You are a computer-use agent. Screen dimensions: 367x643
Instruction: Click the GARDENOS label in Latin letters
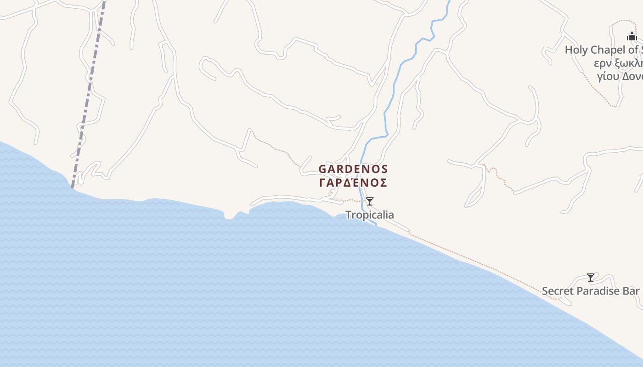[353, 169]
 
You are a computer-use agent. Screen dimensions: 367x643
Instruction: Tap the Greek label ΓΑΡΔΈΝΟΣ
[353, 183]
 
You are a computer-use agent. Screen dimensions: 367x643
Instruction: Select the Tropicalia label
[369, 215]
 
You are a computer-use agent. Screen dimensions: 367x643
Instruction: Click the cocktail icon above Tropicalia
[369, 201]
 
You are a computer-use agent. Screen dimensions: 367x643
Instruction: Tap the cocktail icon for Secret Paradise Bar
[591, 278]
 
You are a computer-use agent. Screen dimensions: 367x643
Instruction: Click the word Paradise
[598, 291]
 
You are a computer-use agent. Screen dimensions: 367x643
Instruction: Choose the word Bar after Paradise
[632, 291]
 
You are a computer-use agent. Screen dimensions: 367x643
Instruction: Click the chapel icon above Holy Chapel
[632, 37]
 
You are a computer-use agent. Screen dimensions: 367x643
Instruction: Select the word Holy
[576, 50]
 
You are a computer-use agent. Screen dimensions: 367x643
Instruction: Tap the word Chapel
[607, 50]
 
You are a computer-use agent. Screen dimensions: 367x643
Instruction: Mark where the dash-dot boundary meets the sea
[72, 187]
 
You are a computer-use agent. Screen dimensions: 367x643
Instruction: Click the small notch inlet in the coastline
[228, 216]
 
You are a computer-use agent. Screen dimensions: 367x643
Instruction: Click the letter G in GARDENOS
[322, 169]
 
